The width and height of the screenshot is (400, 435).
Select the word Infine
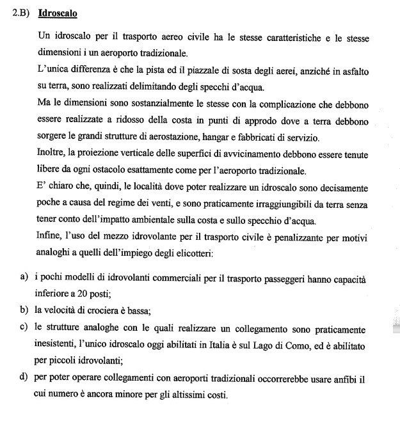point(51,237)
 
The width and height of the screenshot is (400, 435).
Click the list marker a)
point(24,280)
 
